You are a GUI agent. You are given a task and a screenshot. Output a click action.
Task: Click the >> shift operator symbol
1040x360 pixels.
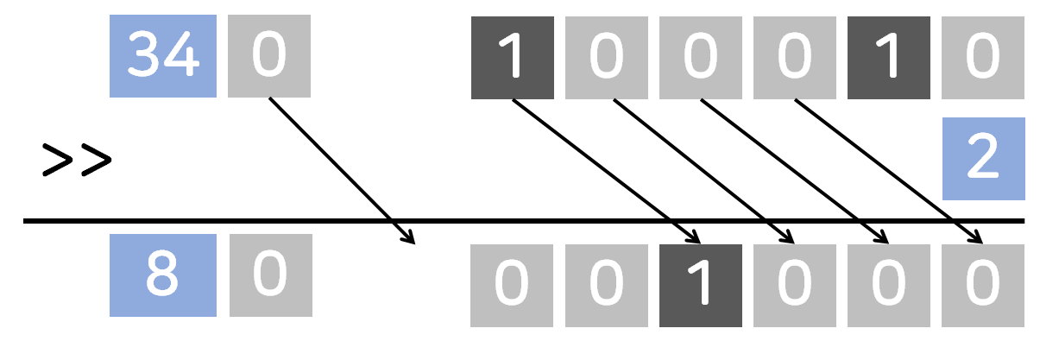[x=77, y=161]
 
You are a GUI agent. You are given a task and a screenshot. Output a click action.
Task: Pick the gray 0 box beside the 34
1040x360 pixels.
[x=268, y=56]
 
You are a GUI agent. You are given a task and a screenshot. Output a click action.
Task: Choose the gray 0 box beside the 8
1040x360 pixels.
[x=268, y=275]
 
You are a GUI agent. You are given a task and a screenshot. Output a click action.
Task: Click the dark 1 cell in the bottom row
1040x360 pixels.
[x=700, y=286]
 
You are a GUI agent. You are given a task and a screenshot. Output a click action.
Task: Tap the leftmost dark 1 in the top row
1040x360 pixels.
[x=512, y=56]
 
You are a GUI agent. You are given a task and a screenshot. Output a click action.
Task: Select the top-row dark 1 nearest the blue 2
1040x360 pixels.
[x=888, y=56]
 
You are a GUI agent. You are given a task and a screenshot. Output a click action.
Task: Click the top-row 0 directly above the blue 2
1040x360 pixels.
[x=983, y=56]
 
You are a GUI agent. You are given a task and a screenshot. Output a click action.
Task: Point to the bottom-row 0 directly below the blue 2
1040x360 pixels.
[x=983, y=286]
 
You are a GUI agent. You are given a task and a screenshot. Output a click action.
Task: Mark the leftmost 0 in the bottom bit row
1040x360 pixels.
[x=512, y=286]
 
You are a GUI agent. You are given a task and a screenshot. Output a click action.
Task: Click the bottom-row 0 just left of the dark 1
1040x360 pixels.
[x=606, y=286]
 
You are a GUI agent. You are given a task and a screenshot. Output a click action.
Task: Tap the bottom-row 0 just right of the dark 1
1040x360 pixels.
[x=794, y=286]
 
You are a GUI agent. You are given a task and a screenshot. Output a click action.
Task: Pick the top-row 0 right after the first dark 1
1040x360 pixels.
[x=606, y=56]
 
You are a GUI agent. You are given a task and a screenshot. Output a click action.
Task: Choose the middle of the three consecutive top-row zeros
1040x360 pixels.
[x=700, y=56]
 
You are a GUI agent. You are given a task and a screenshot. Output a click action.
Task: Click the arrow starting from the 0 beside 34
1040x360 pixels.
[x=341, y=169]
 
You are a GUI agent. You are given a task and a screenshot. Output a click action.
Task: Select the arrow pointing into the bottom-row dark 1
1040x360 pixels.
[x=604, y=169]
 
